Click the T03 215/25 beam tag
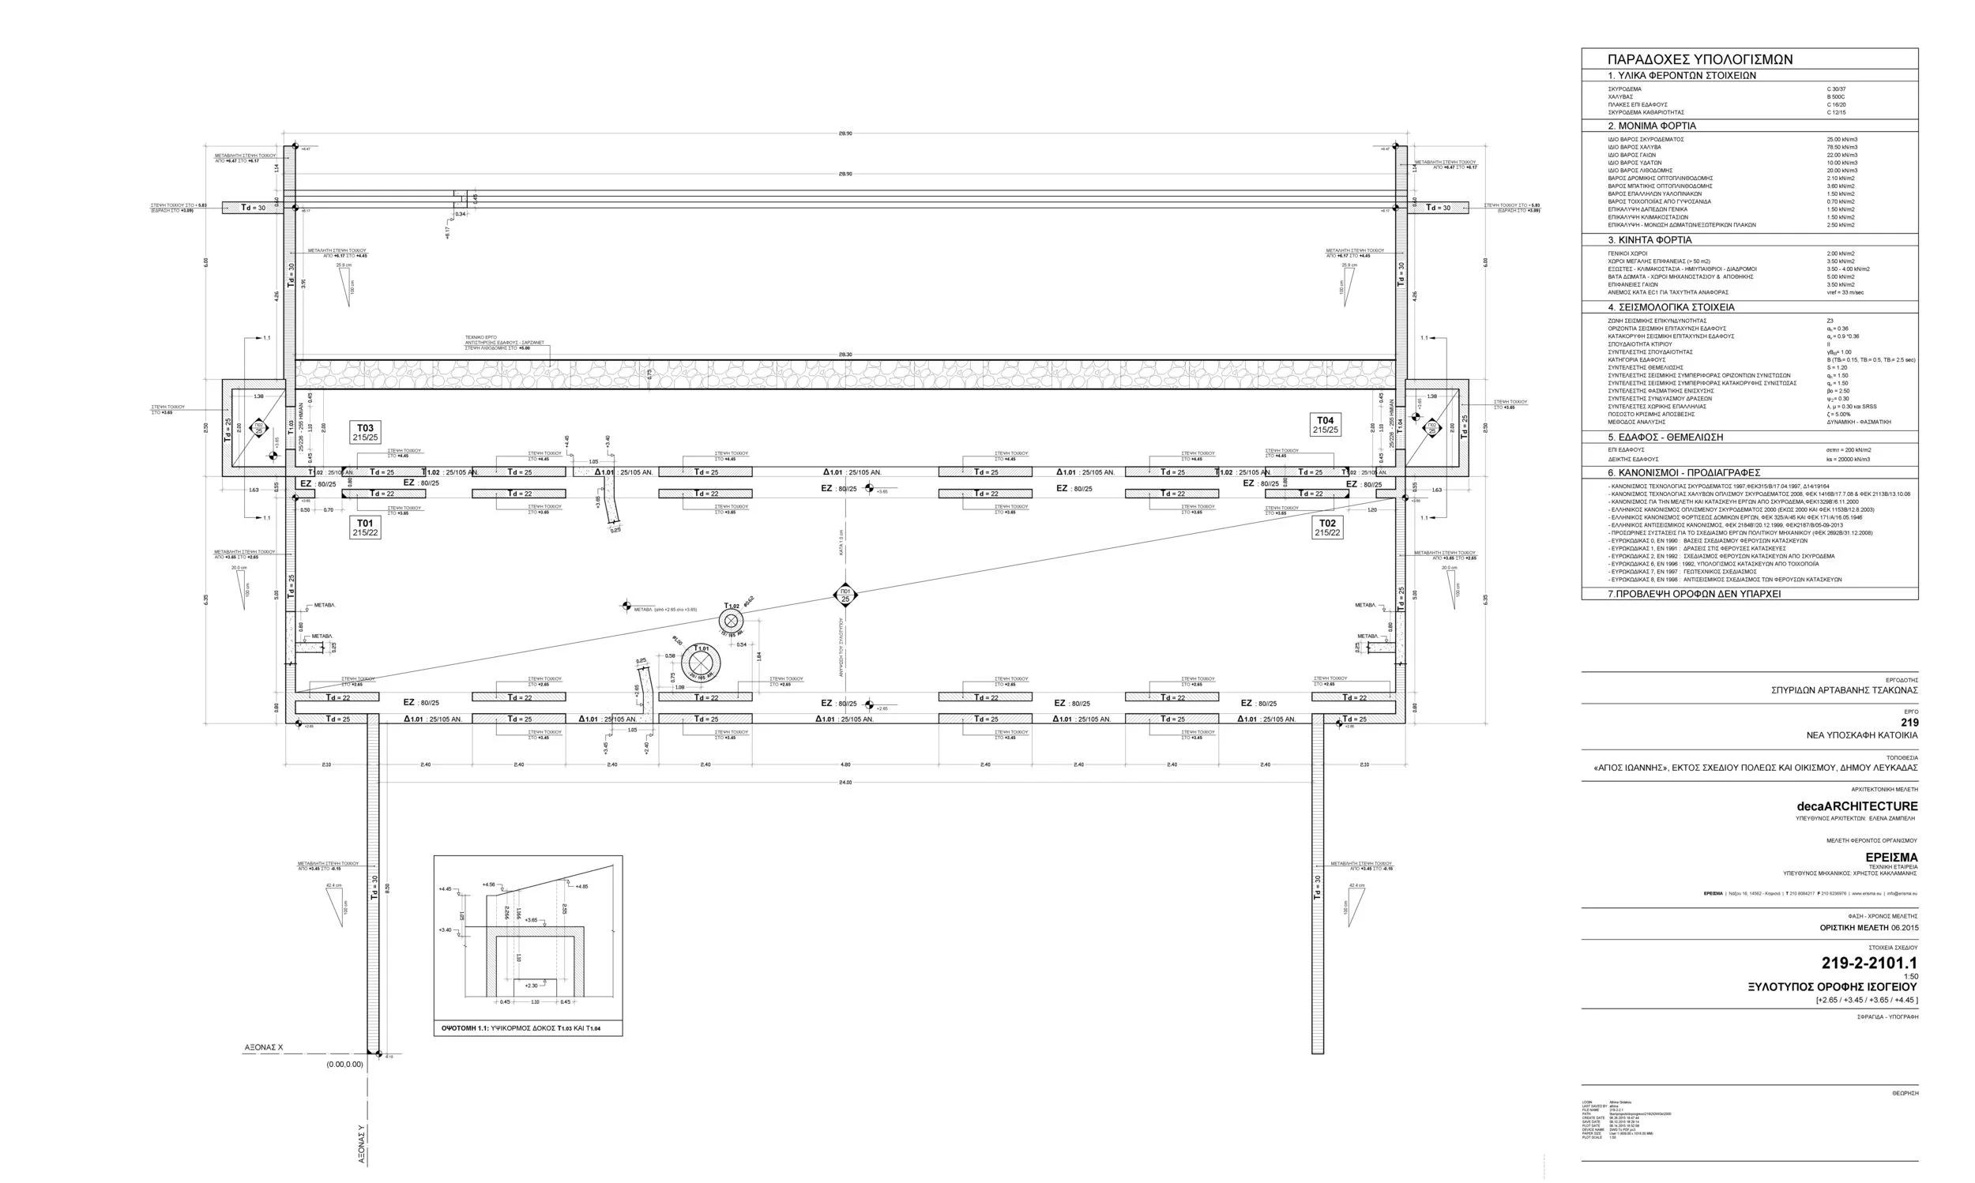tap(365, 432)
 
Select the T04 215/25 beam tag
tap(1325, 425)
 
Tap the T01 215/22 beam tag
tap(365, 528)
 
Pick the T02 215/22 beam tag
tap(1326, 528)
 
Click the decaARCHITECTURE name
tap(1857, 806)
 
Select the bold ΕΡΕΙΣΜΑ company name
tap(1891, 857)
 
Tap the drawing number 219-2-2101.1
tap(1869, 963)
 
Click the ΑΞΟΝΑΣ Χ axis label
tap(263, 1047)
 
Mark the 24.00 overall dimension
tap(845, 783)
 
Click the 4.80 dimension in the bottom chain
tap(845, 765)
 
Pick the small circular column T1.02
tap(731, 621)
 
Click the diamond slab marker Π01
tap(845, 595)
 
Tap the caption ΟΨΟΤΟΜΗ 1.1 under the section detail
tap(521, 1028)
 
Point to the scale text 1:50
tap(1910, 977)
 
